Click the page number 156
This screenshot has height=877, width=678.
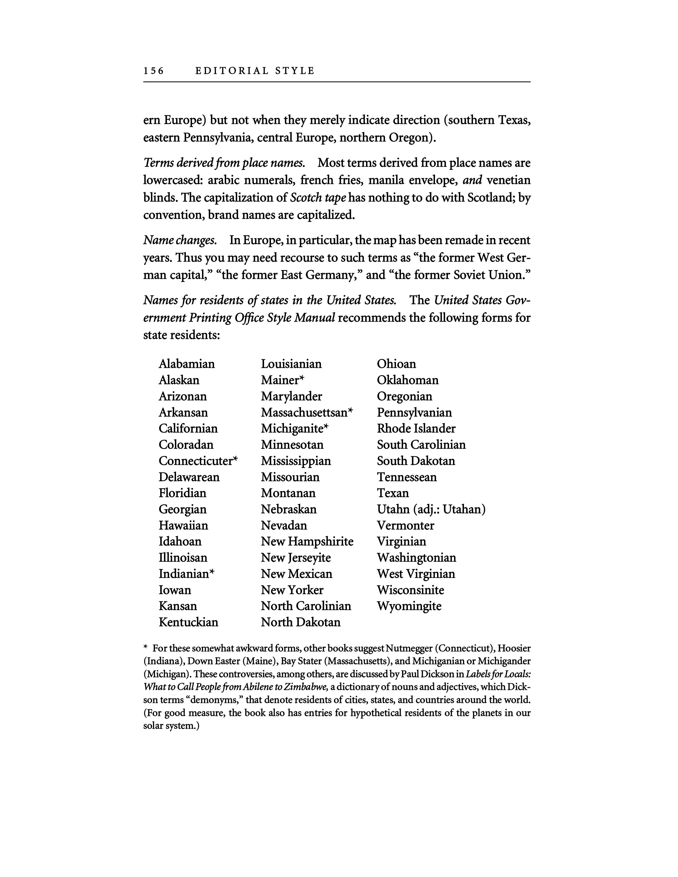[x=154, y=71]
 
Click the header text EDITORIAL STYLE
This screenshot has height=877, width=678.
[x=255, y=71]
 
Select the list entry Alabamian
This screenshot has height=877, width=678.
[x=186, y=364]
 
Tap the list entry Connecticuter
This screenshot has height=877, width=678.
[x=196, y=461]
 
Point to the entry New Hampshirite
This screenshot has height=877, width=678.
[x=307, y=542]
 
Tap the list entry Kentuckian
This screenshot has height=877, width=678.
[x=189, y=622]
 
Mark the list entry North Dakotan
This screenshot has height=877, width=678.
[x=300, y=622]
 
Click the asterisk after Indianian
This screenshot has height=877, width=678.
[x=212, y=572]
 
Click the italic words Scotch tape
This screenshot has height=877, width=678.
[x=318, y=197]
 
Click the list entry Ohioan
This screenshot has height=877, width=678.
[x=396, y=364]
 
